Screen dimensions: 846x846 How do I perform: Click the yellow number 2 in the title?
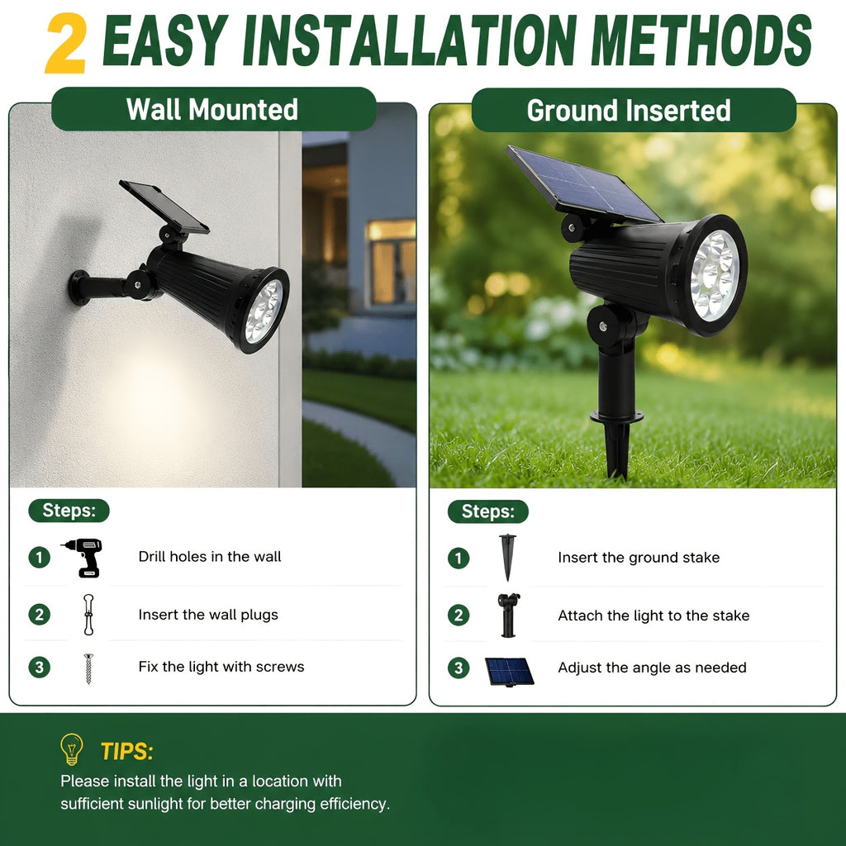pyautogui.click(x=66, y=43)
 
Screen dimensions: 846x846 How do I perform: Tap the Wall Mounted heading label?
pyautogui.click(x=213, y=109)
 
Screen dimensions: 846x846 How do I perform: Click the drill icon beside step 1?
pyautogui.click(x=83, y=558)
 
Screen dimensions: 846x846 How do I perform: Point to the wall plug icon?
pyautogui.click(x=88, y=614)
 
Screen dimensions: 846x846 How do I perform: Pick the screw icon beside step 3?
pyautogui.click(x=88, y=668)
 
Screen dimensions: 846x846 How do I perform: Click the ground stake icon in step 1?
pyautogui.click(x=507, y=558)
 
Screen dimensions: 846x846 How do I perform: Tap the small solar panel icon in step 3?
pyautogui.click(x=509, y=671)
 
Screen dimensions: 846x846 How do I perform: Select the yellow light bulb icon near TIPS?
pyautogui.click(x=72, y=749)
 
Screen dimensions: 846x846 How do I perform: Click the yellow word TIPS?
pyautogui.click(x=126, y=751)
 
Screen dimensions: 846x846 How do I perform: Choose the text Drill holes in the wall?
pyautogui.click(x=210, y=557)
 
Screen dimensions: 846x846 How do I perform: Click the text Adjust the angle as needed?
pyautogui.click(x=653, y=668)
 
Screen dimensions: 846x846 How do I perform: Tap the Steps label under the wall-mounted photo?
pyautogui.click(x=69, y=511)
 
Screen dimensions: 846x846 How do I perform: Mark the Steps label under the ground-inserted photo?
pyautogui.click(x=488, y=511)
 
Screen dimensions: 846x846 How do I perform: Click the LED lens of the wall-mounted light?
pyautogui.click(x=264, y=311)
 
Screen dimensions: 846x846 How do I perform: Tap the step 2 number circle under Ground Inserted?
pyautogui.click(x=459, y=615)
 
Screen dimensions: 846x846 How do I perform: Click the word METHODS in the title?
pyautogui.click(x=701, y=40)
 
